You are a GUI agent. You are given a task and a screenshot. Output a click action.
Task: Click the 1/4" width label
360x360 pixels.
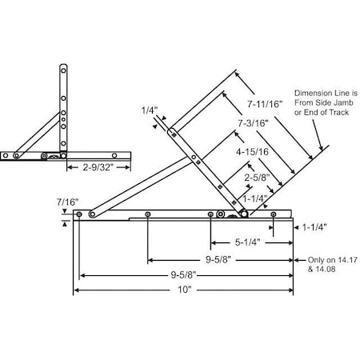149,110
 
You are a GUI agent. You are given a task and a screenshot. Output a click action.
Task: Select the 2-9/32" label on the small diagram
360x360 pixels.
102,168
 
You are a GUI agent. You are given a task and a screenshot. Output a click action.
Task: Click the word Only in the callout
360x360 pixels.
306,260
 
